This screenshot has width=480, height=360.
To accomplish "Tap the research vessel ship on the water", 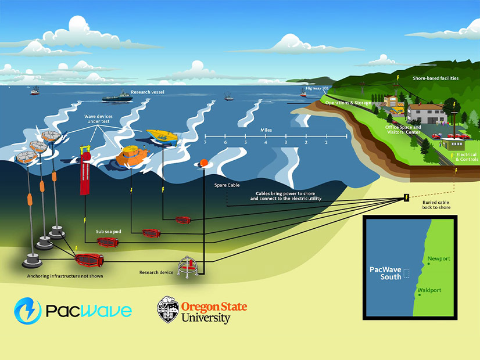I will pyautogui.click(x=117, y=98).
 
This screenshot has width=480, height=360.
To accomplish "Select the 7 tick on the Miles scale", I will pyautogui.click(x=205, y=142).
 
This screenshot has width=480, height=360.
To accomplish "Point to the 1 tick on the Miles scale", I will pyautogui.click(x=326, y=142).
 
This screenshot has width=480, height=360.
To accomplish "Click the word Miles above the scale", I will pyautogui.click(x=266, y=130).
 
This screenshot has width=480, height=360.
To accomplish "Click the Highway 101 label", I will pyautogui.click(x=317, y=88).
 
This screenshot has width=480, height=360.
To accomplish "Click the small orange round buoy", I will pyautogui.click(x=204, y=163).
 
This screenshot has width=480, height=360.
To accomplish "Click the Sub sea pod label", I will pyautogui.click(x=109, y=231).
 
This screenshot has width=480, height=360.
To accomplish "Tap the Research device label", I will pyautogui.click(x=156, y=272).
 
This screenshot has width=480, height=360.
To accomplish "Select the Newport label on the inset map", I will pyautogui.click(x=439, y=259).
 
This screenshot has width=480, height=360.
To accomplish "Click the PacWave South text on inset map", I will pyautogui.click(x=386, y=273).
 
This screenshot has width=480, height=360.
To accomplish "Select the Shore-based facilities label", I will pyautogui.click(x=435, y=78).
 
